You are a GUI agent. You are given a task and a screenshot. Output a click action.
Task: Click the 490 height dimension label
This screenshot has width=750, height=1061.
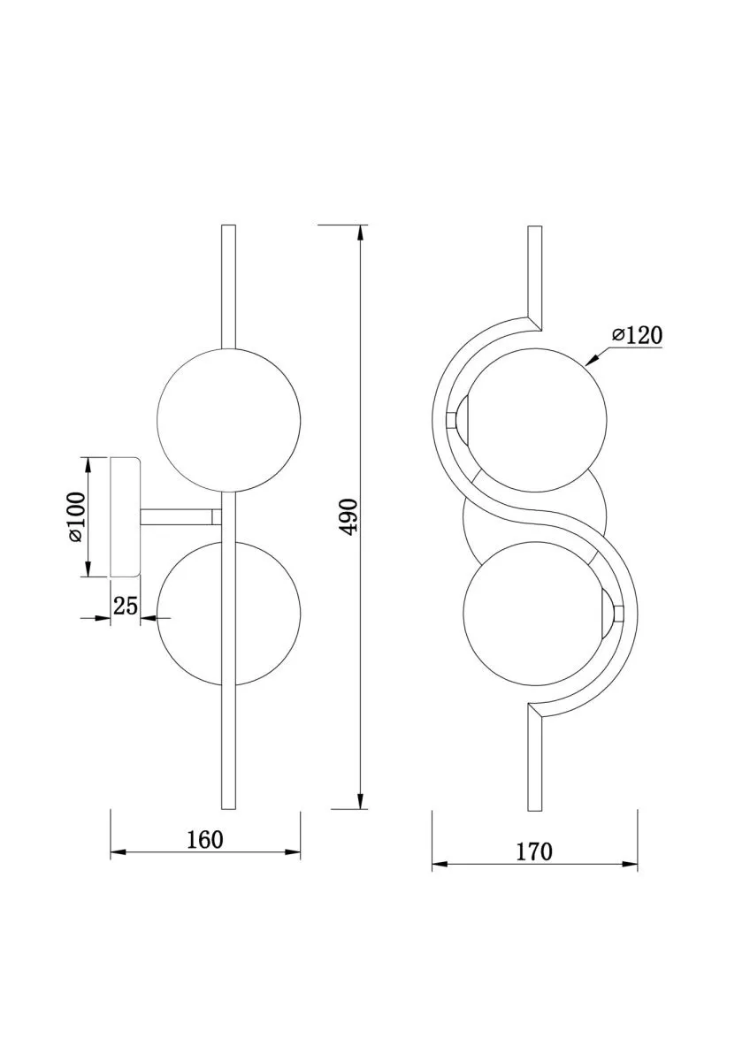click(x=350, y=516)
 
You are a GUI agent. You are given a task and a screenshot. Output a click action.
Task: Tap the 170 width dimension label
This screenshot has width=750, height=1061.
click(x=534, y=852)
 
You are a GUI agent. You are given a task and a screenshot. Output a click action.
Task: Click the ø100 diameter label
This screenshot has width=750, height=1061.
click(x=77, y=516)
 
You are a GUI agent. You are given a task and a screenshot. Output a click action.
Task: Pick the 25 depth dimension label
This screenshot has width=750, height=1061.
click(x=126, y=606)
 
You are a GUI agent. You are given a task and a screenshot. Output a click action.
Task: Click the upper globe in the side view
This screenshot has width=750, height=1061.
click(x=229, y=420)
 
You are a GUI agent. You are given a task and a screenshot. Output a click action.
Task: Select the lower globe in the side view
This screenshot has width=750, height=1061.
click(x=229, y=614)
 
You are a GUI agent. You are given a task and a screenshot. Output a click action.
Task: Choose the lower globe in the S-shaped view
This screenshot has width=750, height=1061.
click(x=534, y=614)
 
